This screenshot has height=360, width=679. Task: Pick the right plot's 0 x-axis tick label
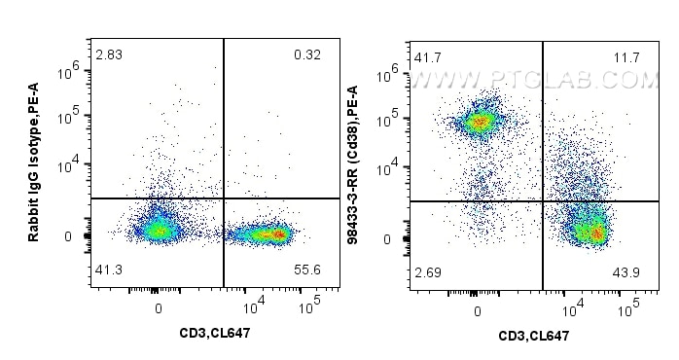pos(477,310)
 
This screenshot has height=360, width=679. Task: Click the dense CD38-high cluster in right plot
pos(479,123)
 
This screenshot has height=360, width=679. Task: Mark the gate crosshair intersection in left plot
pos(225,198)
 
